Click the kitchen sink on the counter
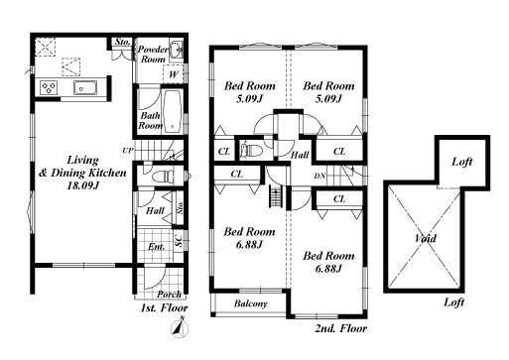85,87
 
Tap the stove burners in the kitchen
49,87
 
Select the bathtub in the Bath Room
173,111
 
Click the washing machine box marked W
173,74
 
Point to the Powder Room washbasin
176,50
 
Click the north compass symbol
180,327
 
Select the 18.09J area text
82,185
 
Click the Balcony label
251,303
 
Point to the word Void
426,238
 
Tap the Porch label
169,294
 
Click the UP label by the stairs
128,151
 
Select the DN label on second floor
319,177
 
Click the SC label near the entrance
179,240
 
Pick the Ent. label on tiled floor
156,247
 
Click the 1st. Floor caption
165,308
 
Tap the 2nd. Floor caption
341,328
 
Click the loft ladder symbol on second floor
276,196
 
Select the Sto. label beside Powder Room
122,42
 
